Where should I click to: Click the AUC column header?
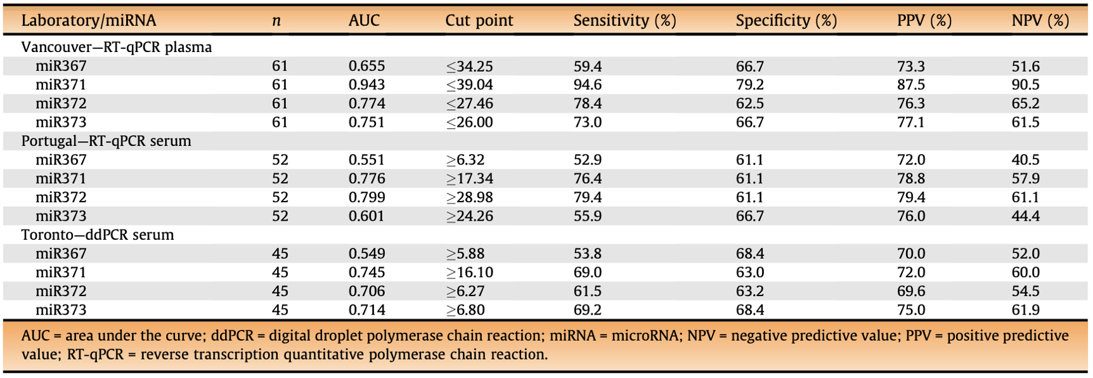tap(364, 20)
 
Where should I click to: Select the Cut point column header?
tap(479, 20)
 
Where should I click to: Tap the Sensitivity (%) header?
tap(624, 21)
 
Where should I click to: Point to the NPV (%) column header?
tap(1040, 21)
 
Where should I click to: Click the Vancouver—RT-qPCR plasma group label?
tap(117, 48)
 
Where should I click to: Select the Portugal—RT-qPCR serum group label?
tap(107, 141)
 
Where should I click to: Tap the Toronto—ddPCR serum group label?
tap(98, 235)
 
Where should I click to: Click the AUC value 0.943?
tap(366, 85)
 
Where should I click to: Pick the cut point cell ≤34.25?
tap(469, 66)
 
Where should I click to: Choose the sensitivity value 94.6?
tap(588, 85)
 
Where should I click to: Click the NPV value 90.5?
tap(1026, 85)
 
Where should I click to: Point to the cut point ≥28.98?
tap(469, 197)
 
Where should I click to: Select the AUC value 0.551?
tap(366, 160)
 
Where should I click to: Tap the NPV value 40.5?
tap(1026, 160)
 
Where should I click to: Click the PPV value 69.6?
tap(911, 291)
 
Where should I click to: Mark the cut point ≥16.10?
tap(469, 272)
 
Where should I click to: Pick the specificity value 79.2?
tap(750, 85)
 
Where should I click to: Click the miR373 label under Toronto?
tap(61, 310)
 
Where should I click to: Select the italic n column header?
tap(276, 21)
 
